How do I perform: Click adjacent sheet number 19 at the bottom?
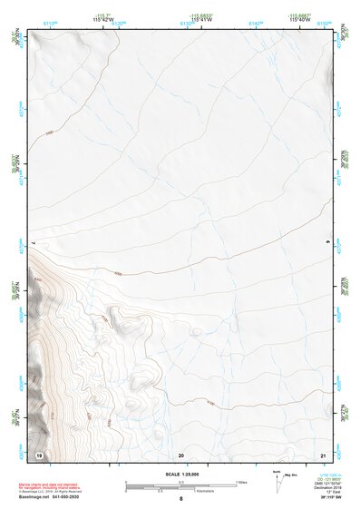coord(39,454)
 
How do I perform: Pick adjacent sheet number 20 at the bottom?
coord(181,454)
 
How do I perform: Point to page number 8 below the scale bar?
coord(181,498)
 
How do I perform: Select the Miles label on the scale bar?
coord(243,482)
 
